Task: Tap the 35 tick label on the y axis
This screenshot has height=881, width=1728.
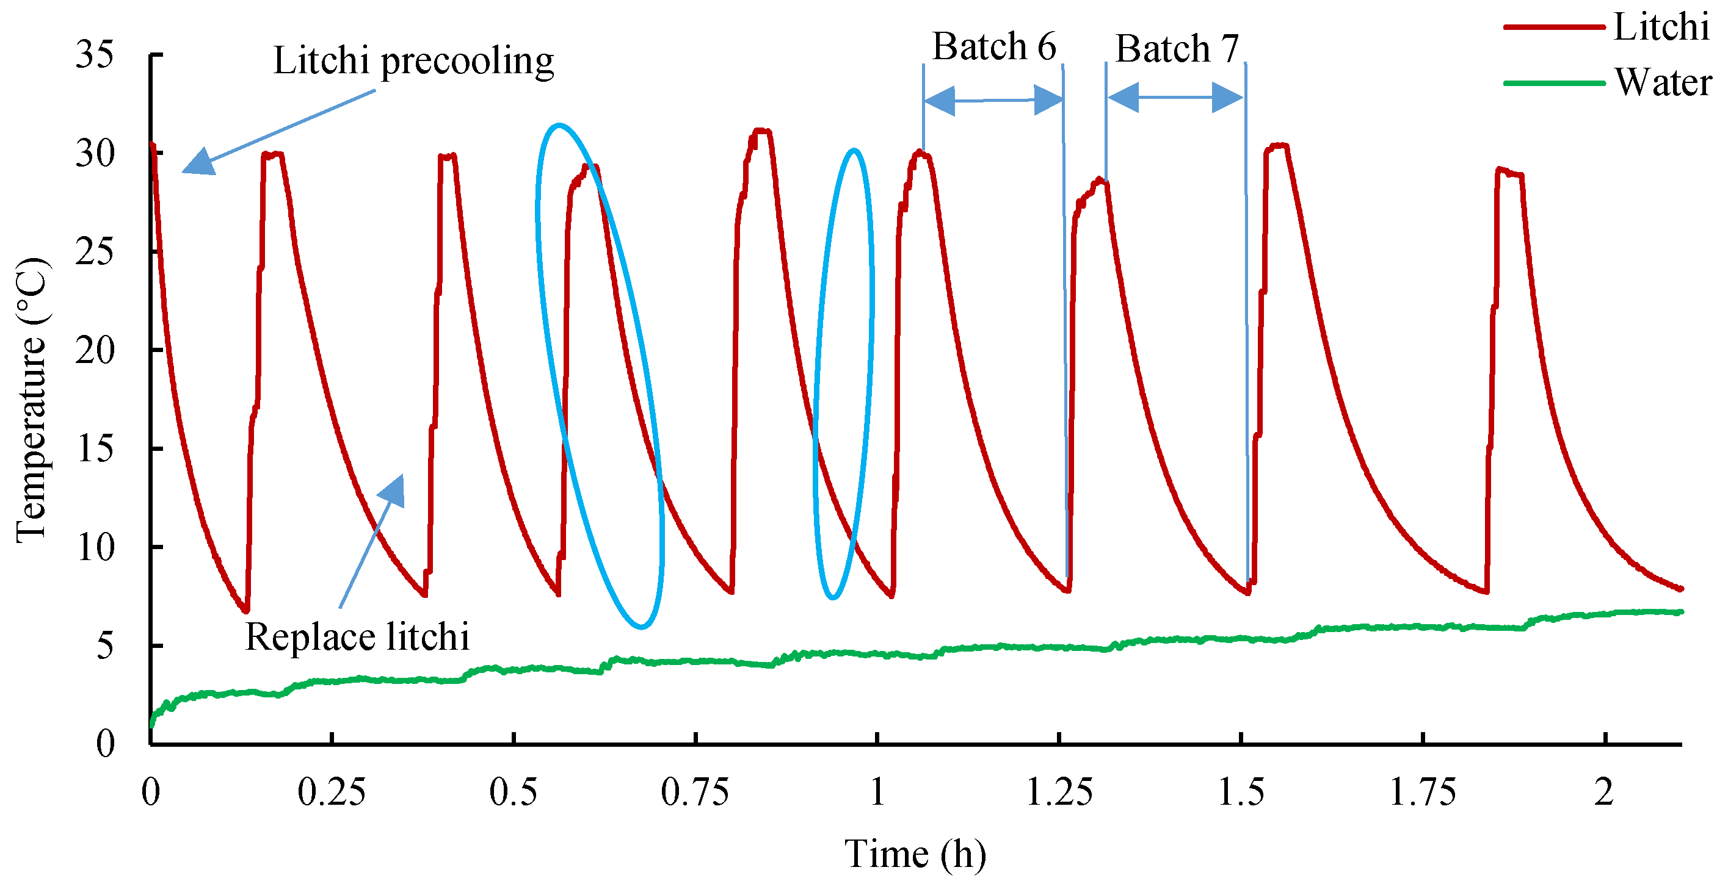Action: click(95, 54)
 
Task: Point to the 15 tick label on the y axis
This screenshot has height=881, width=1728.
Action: click(95, 449)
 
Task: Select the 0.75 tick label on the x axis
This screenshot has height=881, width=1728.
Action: click(694, 793)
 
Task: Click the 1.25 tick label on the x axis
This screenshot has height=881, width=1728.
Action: click(1059, 793)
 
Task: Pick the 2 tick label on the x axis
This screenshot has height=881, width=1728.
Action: click(1603, 793)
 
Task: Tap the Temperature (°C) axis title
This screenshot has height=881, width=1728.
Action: click(32, 400)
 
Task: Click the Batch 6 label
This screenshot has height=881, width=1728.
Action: click(993, 47)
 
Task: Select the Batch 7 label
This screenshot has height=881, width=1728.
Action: click(1177, 49)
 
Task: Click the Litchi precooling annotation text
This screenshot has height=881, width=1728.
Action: click(413, 61)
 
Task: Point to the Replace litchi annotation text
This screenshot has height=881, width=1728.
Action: click(357, 637)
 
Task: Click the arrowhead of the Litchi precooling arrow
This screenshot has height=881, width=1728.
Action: click(197, 164)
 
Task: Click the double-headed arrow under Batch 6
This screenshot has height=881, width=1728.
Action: click(993, 101)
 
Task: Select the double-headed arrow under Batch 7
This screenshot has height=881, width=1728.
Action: click(1175, 98)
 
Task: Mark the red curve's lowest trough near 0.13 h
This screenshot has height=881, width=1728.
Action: click(246, 610)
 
